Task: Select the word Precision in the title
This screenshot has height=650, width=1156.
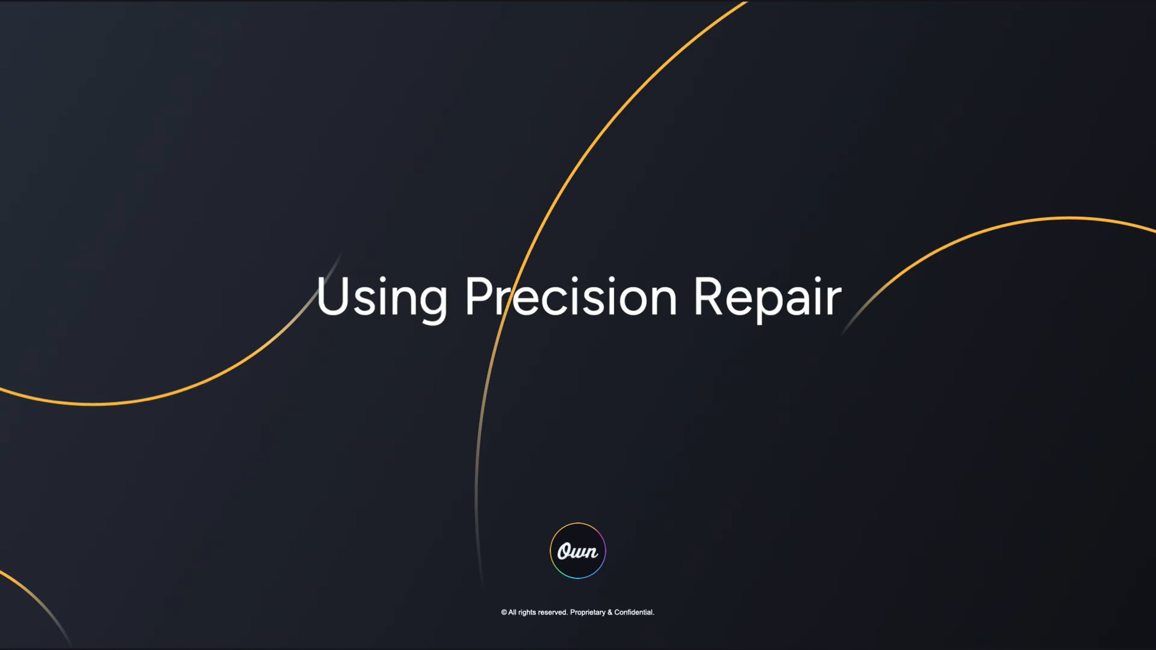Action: pos(571,298)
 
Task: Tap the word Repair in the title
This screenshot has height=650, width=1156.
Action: pos(767,298)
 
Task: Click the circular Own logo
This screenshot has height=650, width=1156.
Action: pos(578,550)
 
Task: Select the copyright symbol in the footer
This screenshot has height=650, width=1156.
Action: pos(504,612)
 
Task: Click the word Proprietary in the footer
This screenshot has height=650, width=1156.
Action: pos(588,612)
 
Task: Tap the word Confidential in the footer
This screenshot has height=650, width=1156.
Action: pos(634,612)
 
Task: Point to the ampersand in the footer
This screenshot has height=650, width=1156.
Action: pos(610,612)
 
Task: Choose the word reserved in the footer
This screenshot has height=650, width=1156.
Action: pos(552,612)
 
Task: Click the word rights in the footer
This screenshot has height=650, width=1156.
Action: pos(527,612)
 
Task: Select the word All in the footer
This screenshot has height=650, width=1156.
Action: pos(512,612)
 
